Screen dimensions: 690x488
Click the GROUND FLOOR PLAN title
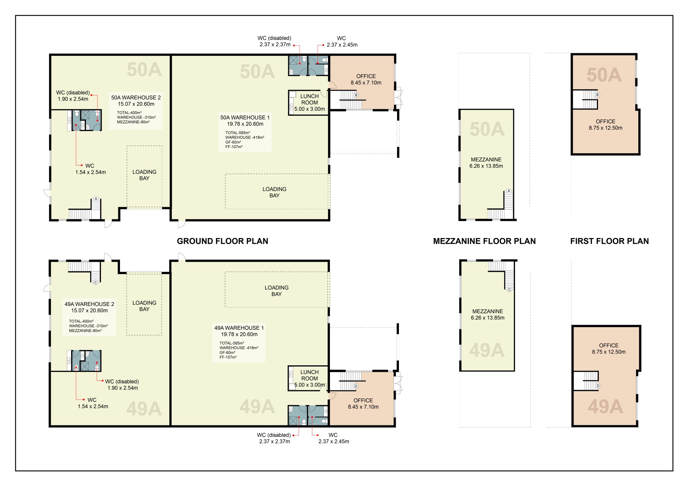pyautogui.click(x=222, y=241)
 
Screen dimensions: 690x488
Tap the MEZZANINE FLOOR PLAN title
pyautogui.click(x=484, y=241)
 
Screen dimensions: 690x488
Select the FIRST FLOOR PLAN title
pyautogui.click(x=609, y=241)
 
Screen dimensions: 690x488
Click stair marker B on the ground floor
pyautogui.click(x=356, y=95)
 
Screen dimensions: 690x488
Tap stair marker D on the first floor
pyautogui.click(x=598, y=386)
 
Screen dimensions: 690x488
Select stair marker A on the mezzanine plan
pyautogui.click(x=509, y=191)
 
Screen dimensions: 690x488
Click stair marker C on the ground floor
pyautogui.click(x=96, y=282)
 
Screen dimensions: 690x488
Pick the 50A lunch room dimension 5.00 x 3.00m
pyautogui.click(x=309, y=109)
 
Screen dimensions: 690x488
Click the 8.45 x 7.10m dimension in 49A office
pyautogui.click(x=363, y=407)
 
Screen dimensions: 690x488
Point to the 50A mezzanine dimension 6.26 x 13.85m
pyautogui.click(x=486, y=166)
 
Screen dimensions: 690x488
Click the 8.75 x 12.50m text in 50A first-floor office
pyautogui.click(x=606, y=128)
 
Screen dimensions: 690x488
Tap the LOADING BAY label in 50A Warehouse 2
pyautogui.click(x=144, y=175)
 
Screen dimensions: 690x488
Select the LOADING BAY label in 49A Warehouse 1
pyautogui.click(x=277, y=291)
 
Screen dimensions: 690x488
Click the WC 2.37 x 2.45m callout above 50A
pyautogui.click(x=342, y=42)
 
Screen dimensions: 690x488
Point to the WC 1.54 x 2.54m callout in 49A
pyautogui.click(x=93, y=403)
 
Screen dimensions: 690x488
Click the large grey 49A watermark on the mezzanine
pyautogui.click(x=487, y=350)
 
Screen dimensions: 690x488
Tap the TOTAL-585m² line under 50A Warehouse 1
pyautogui.click(x=238, y=133)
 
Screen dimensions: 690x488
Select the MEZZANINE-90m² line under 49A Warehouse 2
pyautogui.click(x=85, y=331)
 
